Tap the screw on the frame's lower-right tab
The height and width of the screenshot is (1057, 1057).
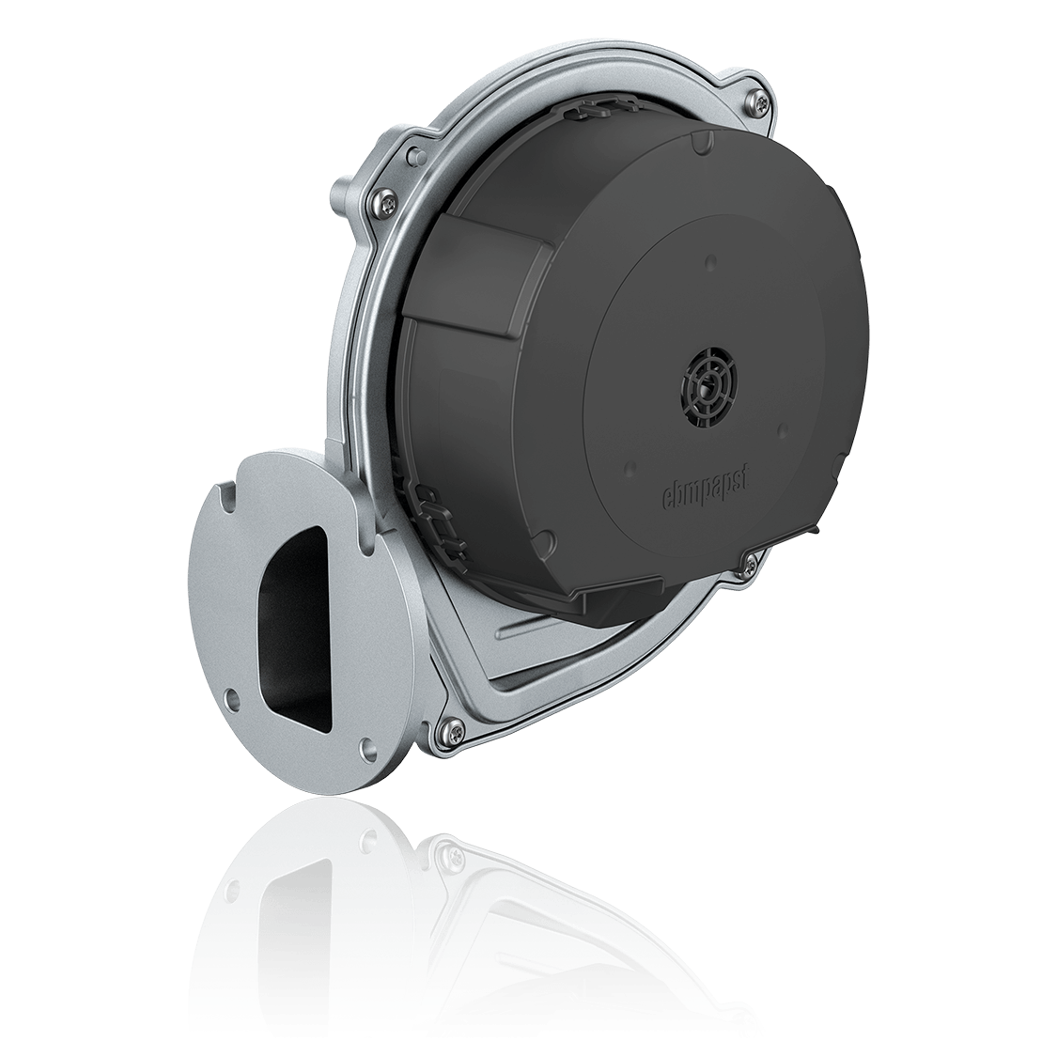[749, 565]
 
